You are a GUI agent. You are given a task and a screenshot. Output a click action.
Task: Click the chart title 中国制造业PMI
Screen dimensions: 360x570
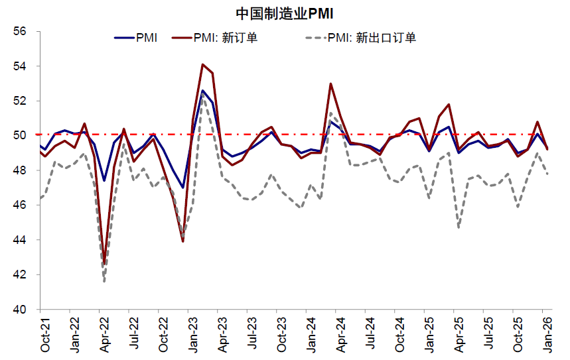[284, 13]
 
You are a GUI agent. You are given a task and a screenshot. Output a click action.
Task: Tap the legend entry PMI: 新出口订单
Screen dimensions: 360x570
[372, 38]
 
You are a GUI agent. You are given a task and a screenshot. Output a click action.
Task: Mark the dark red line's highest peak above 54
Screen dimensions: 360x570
[202, 64]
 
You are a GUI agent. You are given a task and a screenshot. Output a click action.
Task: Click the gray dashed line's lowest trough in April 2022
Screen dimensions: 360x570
[104, 282]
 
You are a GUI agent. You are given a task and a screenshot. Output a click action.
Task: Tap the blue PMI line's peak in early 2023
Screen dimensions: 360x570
[202, 90]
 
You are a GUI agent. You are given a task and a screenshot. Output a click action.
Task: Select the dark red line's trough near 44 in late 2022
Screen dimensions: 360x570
[182, 241]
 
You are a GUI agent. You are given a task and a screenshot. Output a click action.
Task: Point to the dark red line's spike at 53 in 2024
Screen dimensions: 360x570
[330, 84]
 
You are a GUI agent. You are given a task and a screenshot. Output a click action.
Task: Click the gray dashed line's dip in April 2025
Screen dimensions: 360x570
[459, 228]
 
